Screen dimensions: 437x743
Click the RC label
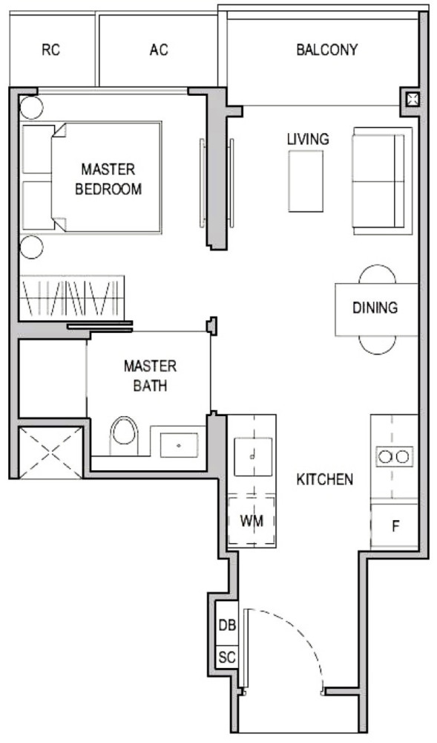51,50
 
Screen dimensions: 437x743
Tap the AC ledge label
159,50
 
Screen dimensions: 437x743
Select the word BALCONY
326,50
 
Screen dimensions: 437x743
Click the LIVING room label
308,139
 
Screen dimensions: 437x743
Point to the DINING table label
375,308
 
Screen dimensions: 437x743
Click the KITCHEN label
324,479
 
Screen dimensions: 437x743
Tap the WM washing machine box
252,522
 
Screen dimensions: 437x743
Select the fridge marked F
395,526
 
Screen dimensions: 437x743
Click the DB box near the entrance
227,625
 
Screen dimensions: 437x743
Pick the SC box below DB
227,658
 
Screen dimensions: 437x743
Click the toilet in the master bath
125,435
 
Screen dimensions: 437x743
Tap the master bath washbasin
179,445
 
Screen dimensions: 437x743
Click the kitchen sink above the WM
253,457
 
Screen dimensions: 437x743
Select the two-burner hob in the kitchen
395,457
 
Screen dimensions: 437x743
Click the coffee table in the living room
306,181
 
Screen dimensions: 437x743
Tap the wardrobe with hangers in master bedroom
72,297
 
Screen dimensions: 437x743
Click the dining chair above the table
377,274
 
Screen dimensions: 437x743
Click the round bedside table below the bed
32,247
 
